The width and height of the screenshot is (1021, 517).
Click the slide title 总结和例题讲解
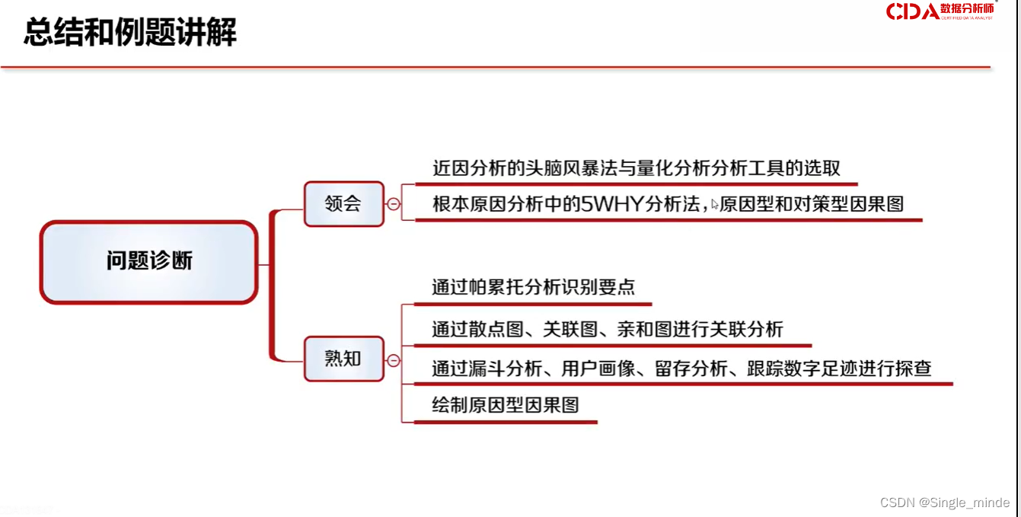tap(130, 33)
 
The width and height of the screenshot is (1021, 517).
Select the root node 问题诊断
tap(149, 262)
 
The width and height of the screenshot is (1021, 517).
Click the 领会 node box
tap(343, 204)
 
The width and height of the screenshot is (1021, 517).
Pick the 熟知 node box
tap(343, 359)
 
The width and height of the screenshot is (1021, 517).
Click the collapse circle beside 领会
tap(394, 204)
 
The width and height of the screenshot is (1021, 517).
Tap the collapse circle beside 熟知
tap(394, 360)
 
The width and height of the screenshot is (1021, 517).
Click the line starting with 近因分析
tap(636, 168)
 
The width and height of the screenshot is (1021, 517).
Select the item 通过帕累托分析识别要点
tap(533, 287)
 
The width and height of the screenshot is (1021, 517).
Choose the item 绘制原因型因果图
tap(505, 404)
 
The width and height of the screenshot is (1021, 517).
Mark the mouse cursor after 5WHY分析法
tap(715, 205)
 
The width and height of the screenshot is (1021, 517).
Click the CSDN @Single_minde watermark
tap(944, 503)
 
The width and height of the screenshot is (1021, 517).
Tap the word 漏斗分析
tap(505, 369)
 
